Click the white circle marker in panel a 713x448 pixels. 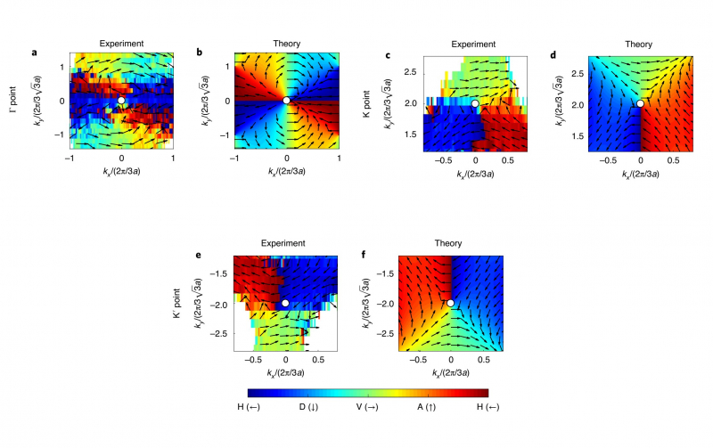pos(122,101)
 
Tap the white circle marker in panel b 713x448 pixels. pos(286,101)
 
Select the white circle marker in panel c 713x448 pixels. pos(475,103)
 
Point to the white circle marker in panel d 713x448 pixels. pos(640,103)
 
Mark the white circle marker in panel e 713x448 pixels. pos(285,304)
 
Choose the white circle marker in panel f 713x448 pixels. pos(451,303)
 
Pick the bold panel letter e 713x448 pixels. pos(197,254)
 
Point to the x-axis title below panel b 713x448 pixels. pos(286,172)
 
